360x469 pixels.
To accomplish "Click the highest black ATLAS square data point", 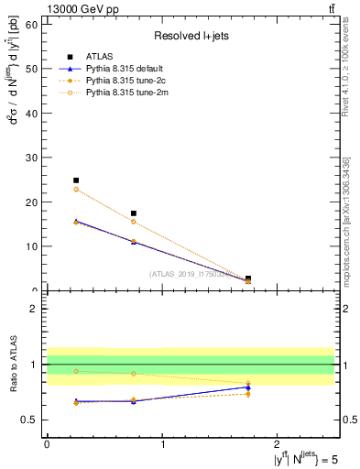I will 76,180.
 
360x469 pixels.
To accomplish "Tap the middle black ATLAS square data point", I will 134,213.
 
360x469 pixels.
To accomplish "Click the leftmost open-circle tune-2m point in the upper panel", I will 76,189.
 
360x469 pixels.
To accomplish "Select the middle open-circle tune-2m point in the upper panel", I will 134,222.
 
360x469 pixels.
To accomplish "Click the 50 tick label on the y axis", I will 33,69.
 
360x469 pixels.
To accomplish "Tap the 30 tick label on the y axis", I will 33,158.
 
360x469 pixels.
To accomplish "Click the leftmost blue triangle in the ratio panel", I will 76,401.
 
